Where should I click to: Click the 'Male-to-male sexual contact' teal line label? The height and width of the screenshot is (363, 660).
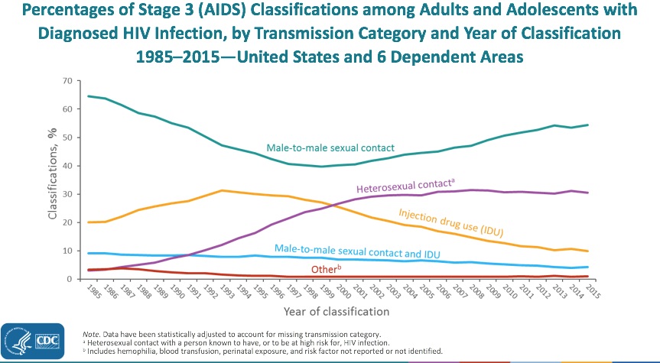[x=330, y=147]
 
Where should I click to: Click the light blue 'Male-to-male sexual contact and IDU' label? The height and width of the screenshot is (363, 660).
[x=357, y=251]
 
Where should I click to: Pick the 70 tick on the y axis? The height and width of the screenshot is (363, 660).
[x=67, y=80]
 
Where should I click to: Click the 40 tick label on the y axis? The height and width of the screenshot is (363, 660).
[x=67, y=166]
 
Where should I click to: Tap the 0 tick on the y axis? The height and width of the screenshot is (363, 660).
[x=70, y=279]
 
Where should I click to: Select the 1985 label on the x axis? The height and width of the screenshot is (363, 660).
[x=90, y=291]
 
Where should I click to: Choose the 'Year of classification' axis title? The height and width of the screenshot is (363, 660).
[x=337, y=312]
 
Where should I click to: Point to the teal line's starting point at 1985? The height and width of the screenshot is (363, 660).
[x=87, y=96]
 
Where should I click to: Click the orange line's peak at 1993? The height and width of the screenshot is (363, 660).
[x=223, y=190]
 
